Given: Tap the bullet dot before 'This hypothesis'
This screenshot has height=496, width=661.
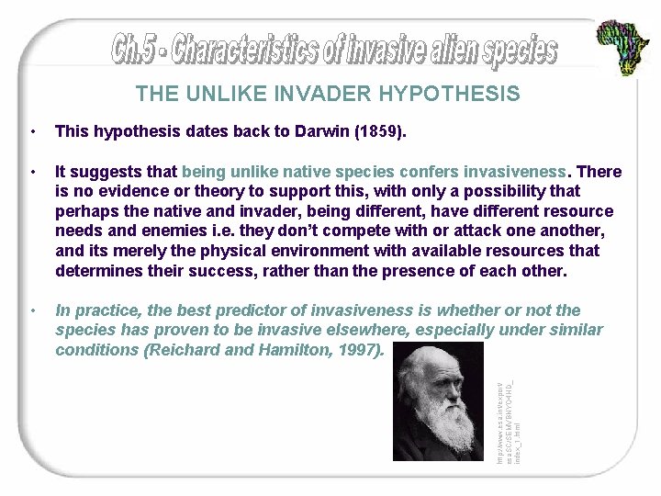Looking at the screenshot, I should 33,132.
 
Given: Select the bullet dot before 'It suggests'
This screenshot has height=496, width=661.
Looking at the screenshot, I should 33,172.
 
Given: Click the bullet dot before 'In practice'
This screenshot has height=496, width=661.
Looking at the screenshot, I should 33,310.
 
